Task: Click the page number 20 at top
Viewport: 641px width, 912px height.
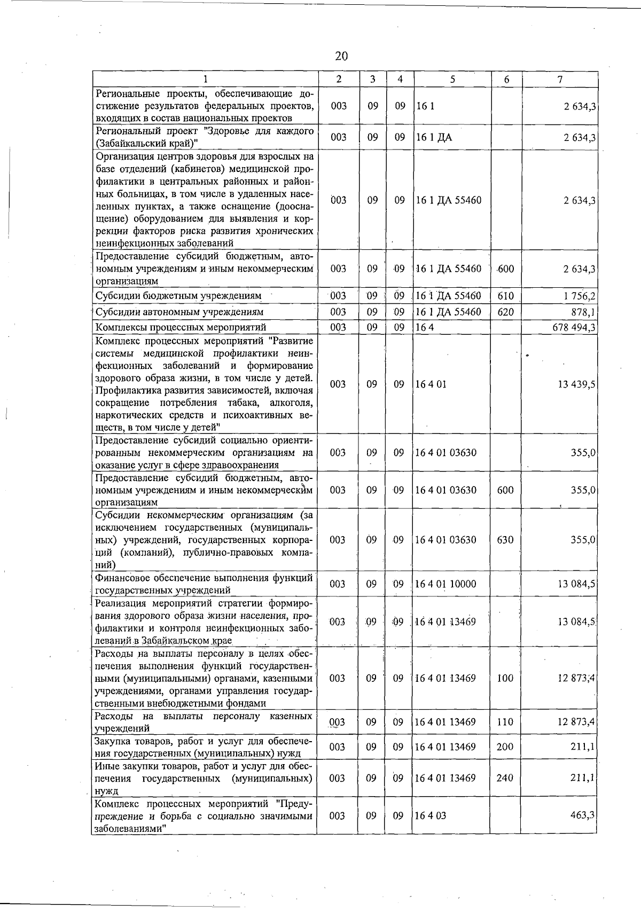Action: coord(341,56)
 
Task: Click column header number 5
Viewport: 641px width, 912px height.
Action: coord(452,80)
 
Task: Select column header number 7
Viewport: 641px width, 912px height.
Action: coord(559,80)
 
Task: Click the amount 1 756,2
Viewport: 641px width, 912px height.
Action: coord(579,296)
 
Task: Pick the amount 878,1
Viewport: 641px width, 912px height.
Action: coord(583,312)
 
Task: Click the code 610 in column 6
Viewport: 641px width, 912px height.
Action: coord(505,296)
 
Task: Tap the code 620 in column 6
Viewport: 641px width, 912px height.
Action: coord(505,312)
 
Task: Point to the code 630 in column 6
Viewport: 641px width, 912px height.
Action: coord(505,540)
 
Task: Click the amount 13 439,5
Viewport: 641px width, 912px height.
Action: coord(576,384)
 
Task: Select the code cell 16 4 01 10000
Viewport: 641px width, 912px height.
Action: coord(445,584)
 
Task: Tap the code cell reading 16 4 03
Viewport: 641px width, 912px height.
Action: coord(431,815)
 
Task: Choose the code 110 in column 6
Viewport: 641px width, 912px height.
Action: coord(505,722)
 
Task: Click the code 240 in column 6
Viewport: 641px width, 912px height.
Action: coord(505,778)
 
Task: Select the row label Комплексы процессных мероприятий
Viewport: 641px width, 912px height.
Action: coord(181,327)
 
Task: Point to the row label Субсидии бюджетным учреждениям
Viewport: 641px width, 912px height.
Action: coord(178,296)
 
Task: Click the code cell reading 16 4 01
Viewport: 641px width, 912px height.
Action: coord(431,384)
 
